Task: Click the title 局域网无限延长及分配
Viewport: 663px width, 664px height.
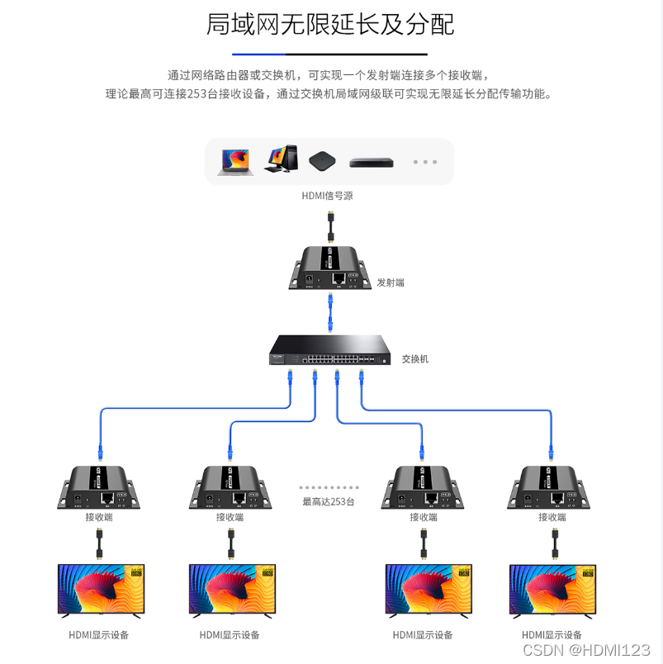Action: [330, 25]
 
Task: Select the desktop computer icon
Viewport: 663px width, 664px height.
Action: [281, 159]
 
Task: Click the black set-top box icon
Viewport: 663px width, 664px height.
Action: [323, 161]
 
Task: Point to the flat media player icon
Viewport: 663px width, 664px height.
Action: [372, 162]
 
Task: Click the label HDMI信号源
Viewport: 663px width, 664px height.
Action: [328, 196]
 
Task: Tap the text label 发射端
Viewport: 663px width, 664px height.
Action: [391, 282]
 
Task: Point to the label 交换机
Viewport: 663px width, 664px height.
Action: [415, 359]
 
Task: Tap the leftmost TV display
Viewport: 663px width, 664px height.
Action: [99, 590]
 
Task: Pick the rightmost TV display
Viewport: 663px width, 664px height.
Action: [552, 590]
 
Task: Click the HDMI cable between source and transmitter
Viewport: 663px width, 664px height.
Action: [329, 226]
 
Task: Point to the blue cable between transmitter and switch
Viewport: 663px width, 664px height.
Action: [329, 311]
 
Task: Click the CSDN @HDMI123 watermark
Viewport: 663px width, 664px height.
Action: [586, 650]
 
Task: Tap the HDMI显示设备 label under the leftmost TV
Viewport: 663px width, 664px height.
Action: [99, 635]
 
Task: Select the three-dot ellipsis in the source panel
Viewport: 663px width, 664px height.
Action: [424, 162]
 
